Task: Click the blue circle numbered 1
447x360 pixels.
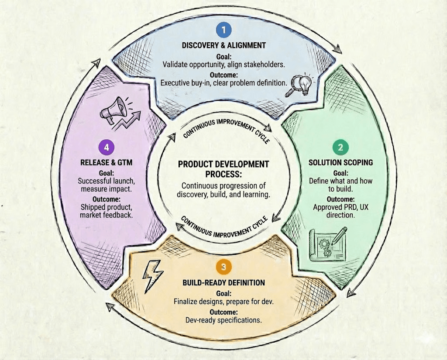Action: pos(223,30)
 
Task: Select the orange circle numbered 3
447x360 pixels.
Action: pos(223,266)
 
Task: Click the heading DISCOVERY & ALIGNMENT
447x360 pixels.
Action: pos(223,45)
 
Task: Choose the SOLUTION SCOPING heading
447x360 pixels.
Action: pos(341,162)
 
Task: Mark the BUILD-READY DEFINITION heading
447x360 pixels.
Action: pos(223,283)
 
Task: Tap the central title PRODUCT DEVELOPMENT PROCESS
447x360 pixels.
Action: pos(223,169)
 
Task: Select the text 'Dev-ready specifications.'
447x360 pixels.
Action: pos(223,320)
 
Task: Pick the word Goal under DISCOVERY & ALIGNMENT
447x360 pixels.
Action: pos(223,57)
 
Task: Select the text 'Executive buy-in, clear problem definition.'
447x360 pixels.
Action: pos(223,82)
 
